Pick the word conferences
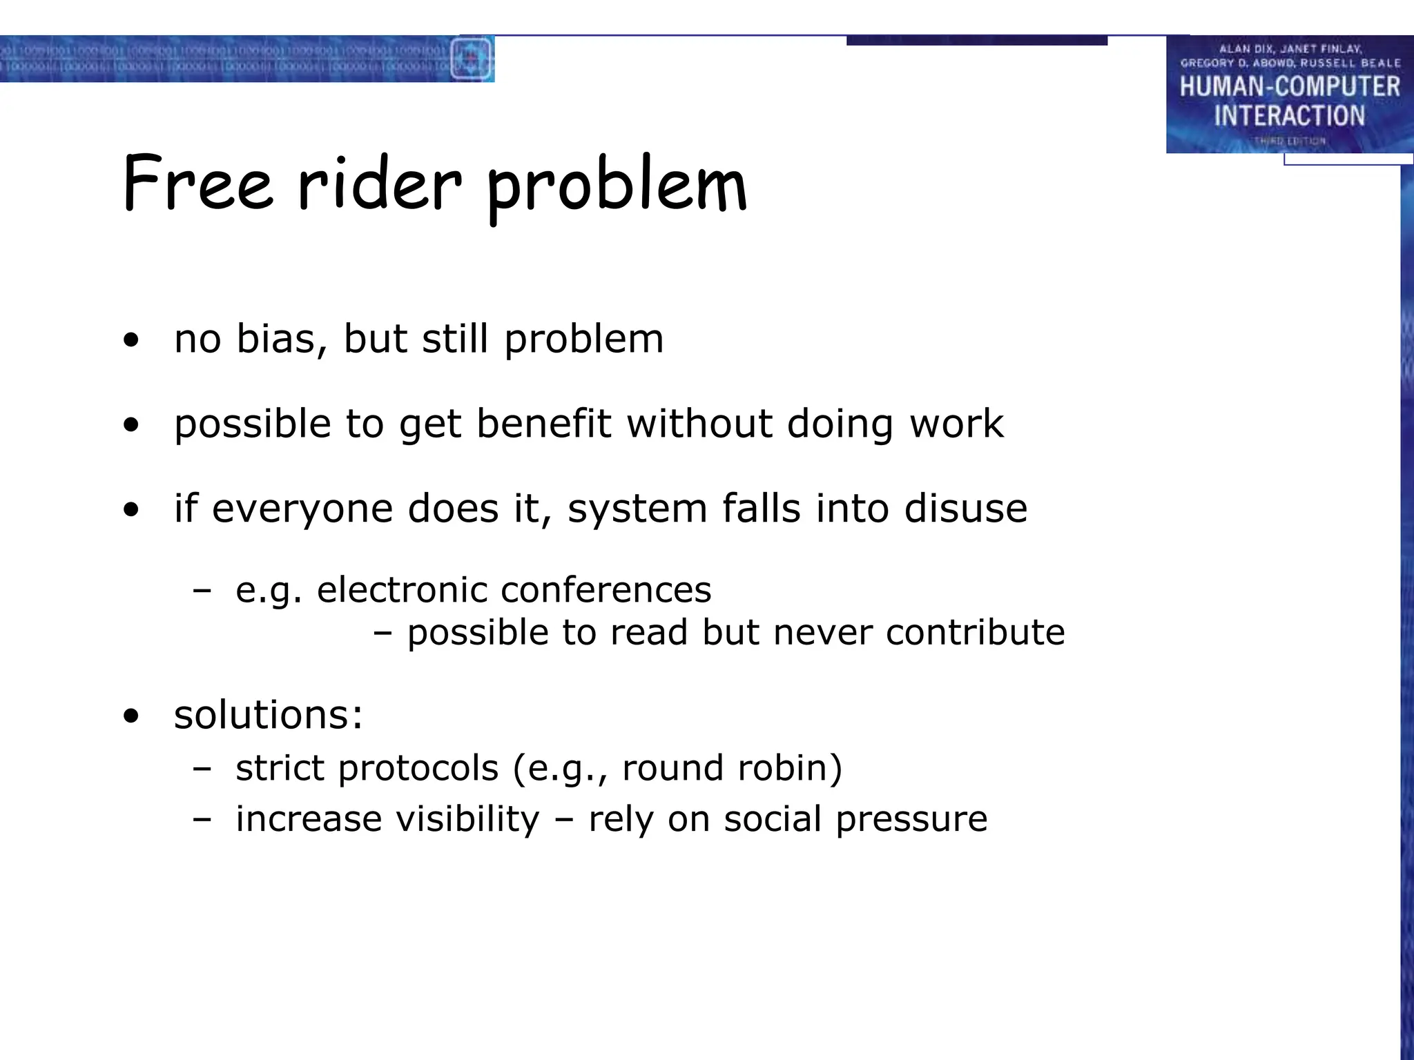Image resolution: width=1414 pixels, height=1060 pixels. point(606,590)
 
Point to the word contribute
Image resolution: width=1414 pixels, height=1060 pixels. point(975,632)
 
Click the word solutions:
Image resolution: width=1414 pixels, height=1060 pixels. point(268,714)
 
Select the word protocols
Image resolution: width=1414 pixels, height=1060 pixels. point(418,768)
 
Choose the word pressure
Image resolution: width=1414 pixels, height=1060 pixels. point(911,821)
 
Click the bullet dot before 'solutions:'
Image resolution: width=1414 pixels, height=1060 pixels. point(131,716)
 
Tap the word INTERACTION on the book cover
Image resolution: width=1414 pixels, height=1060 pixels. point(1289,116)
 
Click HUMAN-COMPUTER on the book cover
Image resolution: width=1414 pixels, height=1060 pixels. point(1289,87)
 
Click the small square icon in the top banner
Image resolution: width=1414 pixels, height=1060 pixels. point(471,59)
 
